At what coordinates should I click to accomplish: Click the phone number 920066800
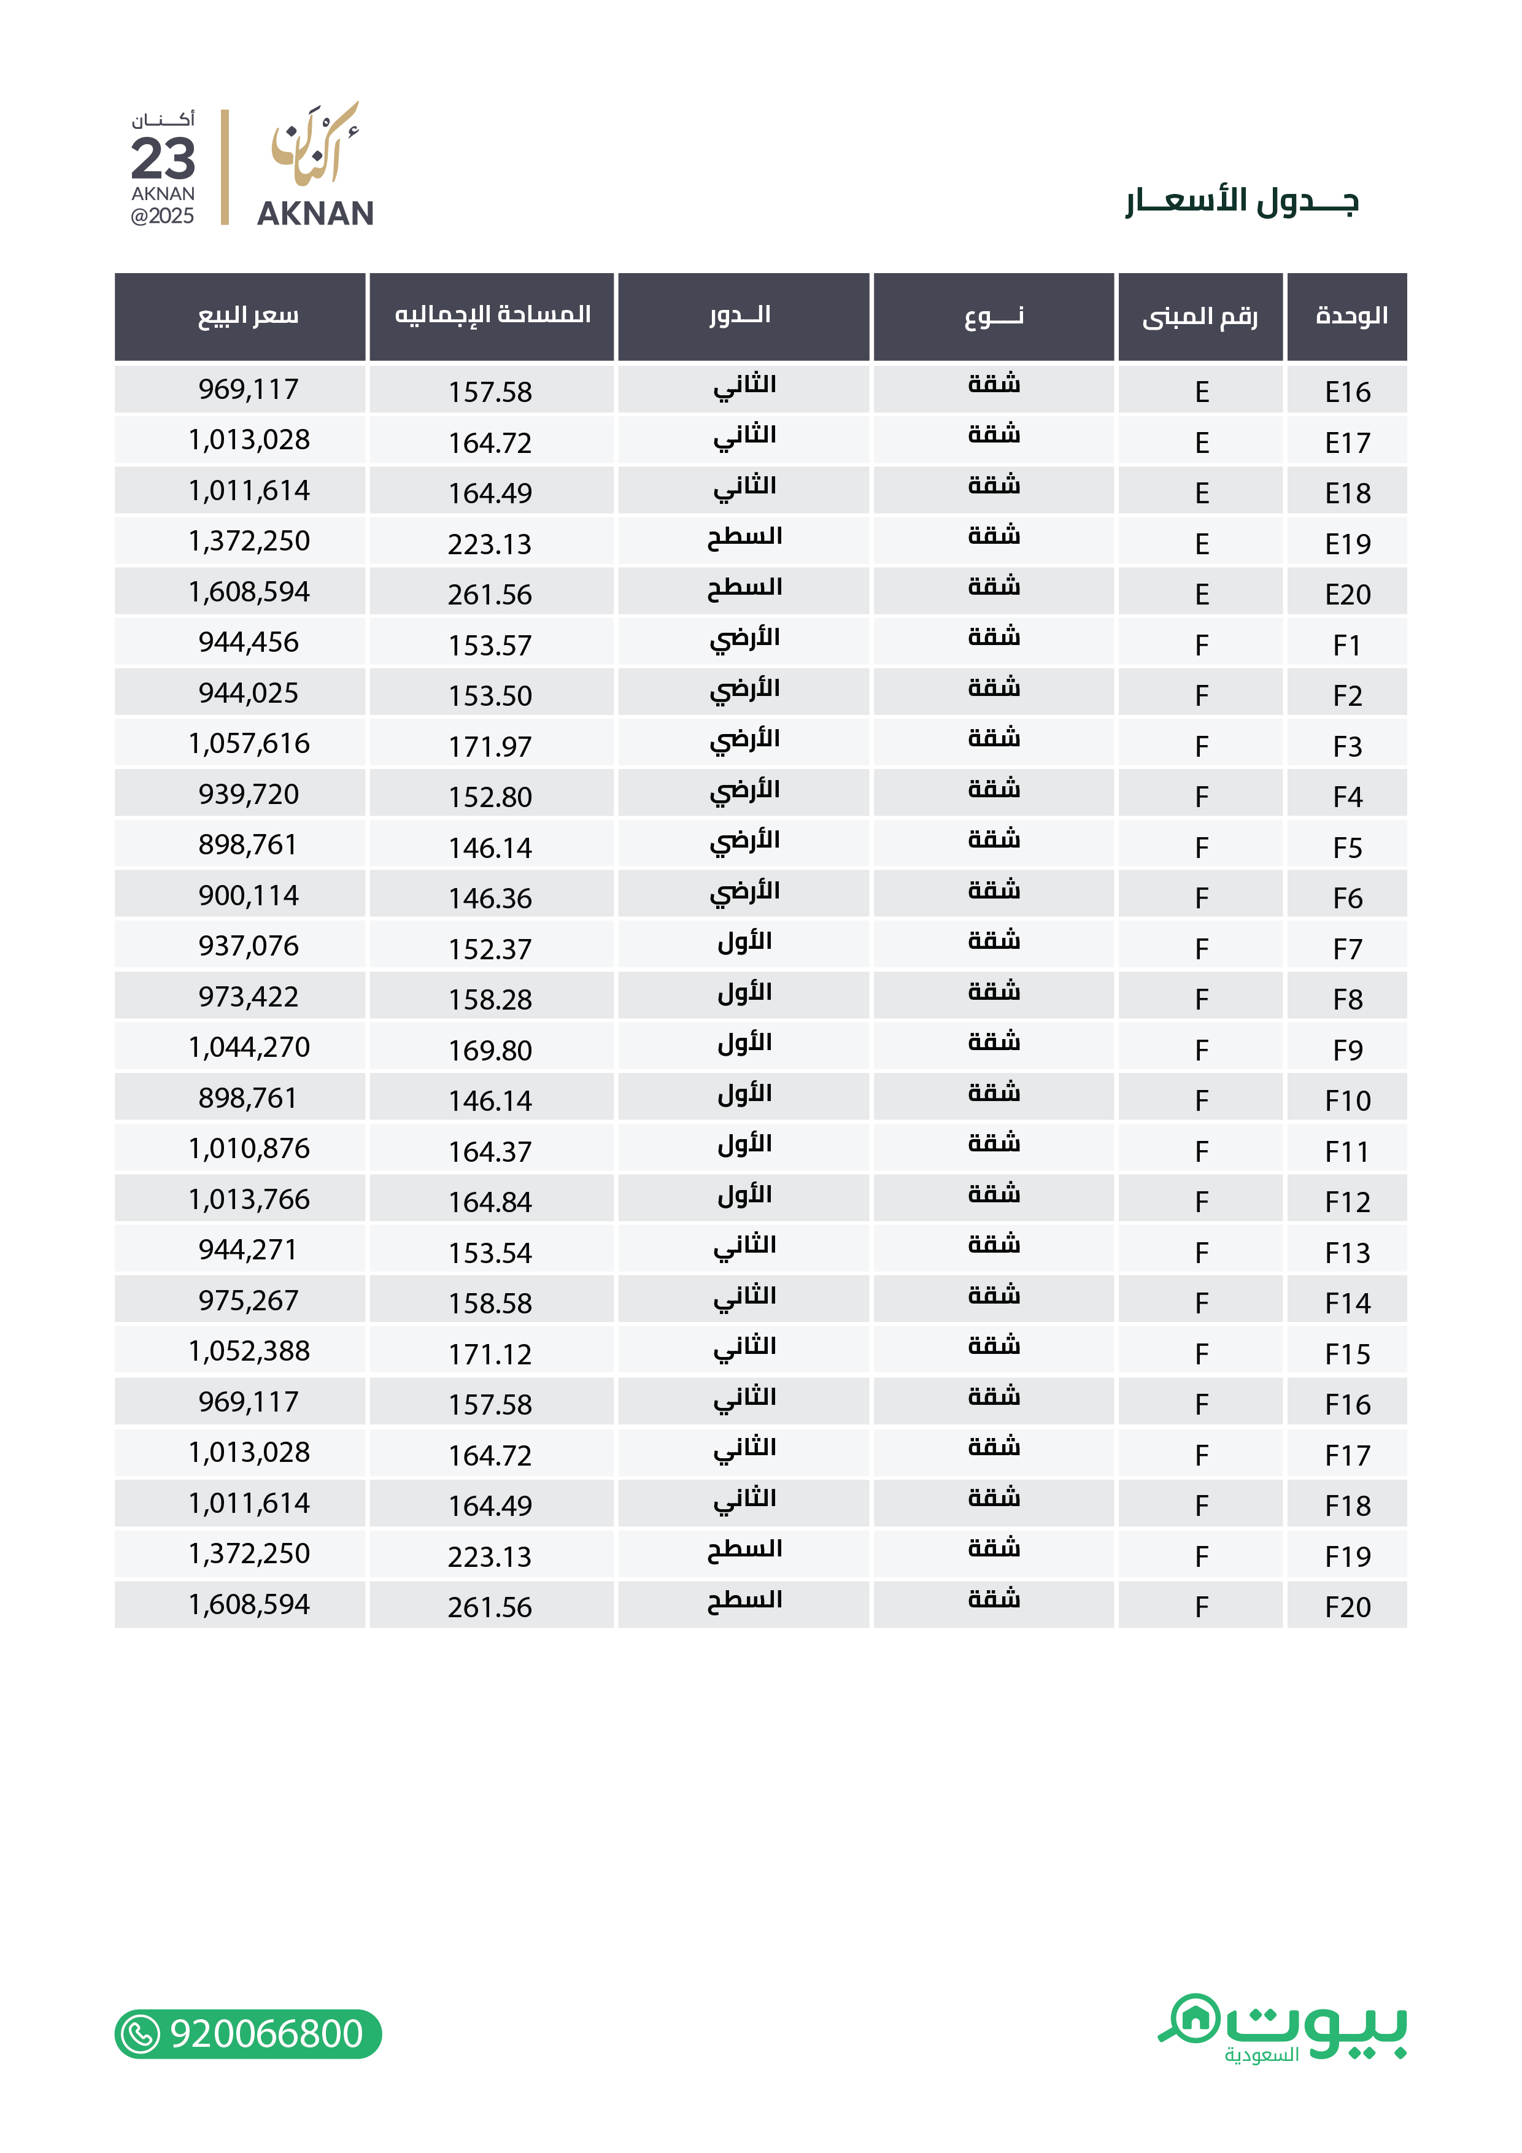click(x=266, y=2034)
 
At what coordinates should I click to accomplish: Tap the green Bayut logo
click(x=1283, y=2027)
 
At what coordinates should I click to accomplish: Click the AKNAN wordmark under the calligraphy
click(x=315, y=214)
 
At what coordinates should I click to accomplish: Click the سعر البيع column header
click(x=249, y=316)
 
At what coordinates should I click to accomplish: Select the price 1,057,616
click(x=249, y=744)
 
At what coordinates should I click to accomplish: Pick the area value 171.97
click(x=490, y=746)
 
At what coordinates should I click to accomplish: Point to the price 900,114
click(x=249, y=895)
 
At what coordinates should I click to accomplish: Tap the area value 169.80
click(x=490, y=1050)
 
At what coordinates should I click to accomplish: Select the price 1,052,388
click(x=249, y=1351)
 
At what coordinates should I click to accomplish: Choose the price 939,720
click(x=249, y=794)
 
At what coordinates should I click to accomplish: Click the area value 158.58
click(x=490, y=1304)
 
